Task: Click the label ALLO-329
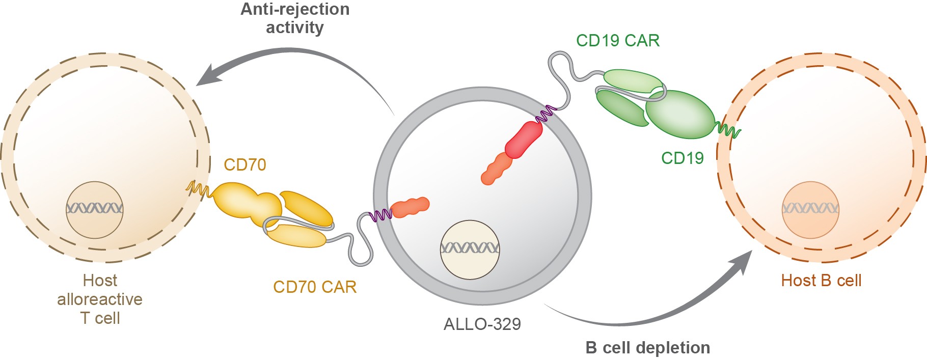point(482,324)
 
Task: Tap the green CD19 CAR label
point(617,41)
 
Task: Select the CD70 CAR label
point(314,287)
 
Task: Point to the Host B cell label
point(821,281)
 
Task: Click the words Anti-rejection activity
point(295,18)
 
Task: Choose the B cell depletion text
point(647,348)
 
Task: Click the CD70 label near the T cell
point(244,165)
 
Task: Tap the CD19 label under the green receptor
point(682,158)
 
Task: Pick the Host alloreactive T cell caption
point(100,299)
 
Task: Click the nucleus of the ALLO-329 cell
point(470,250)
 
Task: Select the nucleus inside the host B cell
point(810,209)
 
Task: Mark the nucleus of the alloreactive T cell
point(94,209)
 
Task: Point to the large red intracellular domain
point(524,140)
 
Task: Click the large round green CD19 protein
point(680,115)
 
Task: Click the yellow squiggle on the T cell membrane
point(198,189)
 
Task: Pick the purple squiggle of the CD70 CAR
point(379,215)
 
